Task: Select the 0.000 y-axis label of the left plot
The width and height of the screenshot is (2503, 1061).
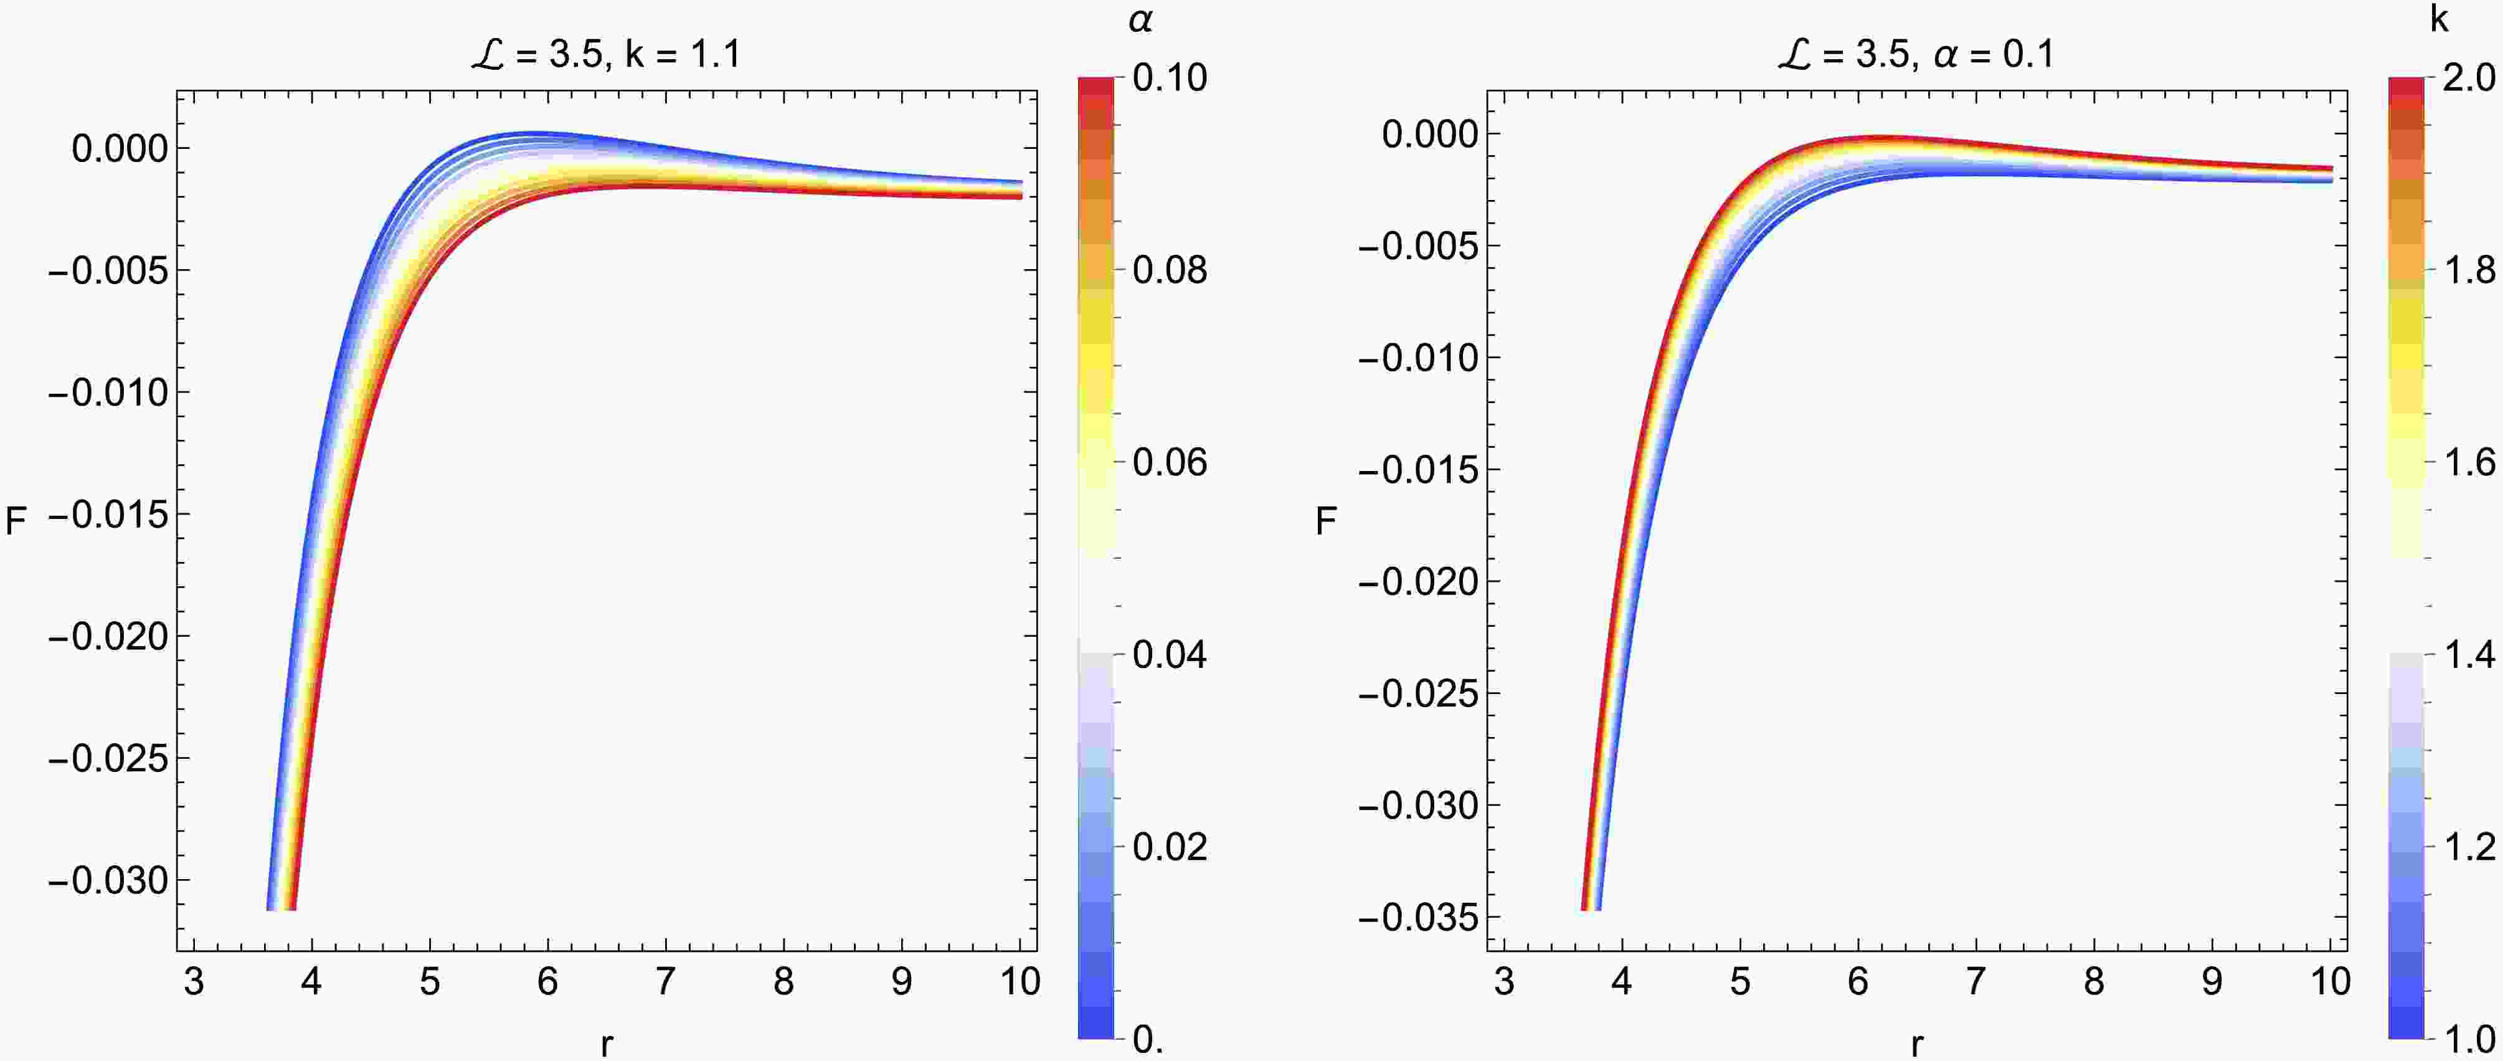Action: [120, 149]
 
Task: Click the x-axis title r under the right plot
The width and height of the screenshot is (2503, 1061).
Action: [1916, 1044]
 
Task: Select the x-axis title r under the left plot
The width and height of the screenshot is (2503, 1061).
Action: [607, 1044]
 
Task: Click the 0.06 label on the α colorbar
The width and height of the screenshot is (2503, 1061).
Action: [1170, 462]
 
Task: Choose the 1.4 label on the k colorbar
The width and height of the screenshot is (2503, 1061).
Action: [2469, 655]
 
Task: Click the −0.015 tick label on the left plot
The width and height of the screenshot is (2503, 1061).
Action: [107, 515]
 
